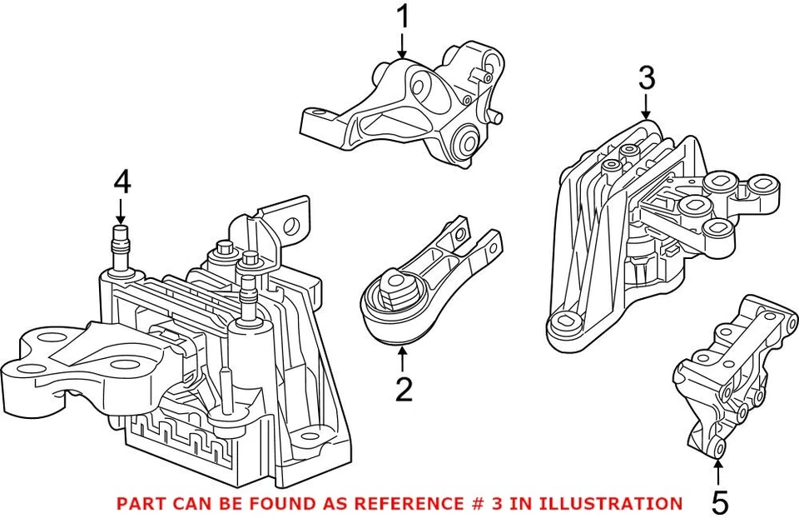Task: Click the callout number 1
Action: click(x=403, y=16)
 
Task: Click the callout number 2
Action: click(x=404, y=390)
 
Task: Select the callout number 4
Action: click(x=122, y=182)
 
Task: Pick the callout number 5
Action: click(x=720, y=501)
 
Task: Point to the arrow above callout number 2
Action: click(x=403, y=360)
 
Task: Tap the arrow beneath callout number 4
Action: click(x=122, y=209)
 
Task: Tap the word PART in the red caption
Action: click(x=140, y=503)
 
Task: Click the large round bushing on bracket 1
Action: click(x=464, y=142)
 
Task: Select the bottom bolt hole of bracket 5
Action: click(x=720, y=451)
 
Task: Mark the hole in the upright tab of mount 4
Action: click(x=291, y=223)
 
